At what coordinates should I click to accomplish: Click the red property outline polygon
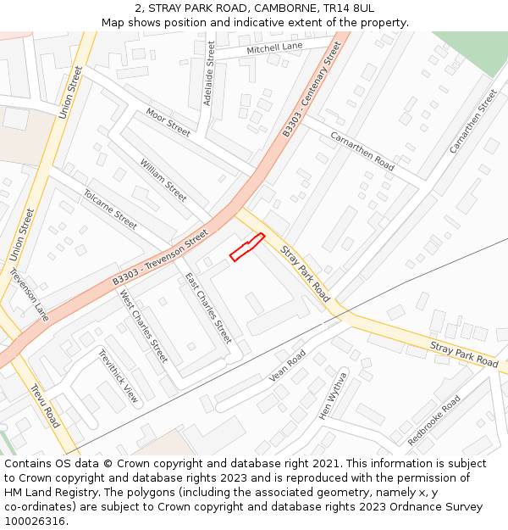246,248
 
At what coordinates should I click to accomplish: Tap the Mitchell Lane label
274,49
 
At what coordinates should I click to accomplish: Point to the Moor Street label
168,122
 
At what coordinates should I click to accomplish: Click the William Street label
163,180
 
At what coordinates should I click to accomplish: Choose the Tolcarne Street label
110,209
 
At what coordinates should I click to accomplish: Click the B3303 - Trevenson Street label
160,257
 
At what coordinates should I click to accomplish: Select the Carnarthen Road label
362,151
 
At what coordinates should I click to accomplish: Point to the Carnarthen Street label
473,121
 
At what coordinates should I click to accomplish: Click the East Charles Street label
208,307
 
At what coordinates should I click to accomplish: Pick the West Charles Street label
144,326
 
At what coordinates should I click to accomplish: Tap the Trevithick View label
119,376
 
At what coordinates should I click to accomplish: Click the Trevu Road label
45,405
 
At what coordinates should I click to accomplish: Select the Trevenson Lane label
30,294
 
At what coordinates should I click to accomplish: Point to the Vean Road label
287,366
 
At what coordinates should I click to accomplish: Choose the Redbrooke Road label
434,420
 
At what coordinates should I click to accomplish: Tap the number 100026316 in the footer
36,521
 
